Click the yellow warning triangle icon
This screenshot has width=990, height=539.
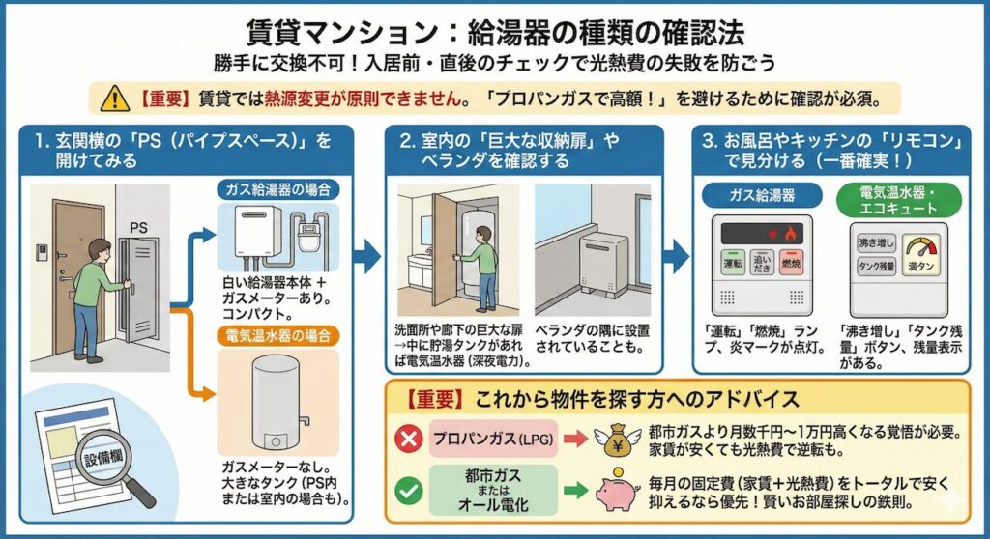[x=114, y=98]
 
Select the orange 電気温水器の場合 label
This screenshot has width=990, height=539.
[x=275, y=336]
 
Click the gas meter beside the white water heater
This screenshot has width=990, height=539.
[x=312, y=236]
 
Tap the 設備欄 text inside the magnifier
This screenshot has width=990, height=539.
[x=104, y=455]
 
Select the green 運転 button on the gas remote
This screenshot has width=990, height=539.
[x=732, y=263]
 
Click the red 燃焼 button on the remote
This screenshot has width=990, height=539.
[x=792, y=263]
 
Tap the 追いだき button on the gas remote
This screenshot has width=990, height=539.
[x=762, y=263]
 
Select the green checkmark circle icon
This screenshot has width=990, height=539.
[x=409, y=491]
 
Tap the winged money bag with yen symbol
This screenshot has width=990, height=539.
[x=617, y=438]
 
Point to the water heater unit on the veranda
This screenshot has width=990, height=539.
[x=604, y=259]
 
